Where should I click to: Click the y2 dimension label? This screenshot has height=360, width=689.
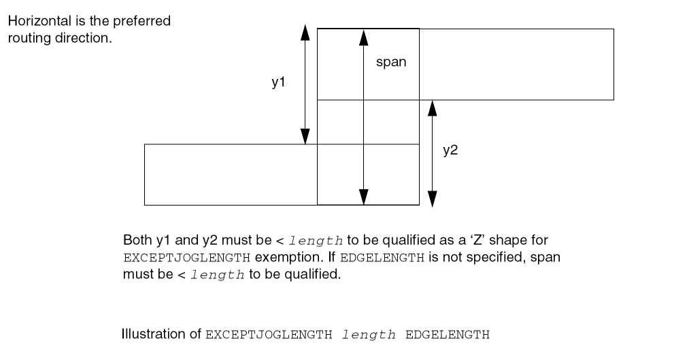point(450,151)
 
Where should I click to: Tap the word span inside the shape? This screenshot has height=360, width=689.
point(391,62)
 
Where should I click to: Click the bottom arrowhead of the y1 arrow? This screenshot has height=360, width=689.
point(305,136)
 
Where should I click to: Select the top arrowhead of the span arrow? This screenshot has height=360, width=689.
point(364,37)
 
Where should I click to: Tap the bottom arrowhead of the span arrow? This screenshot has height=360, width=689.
point(364,196)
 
